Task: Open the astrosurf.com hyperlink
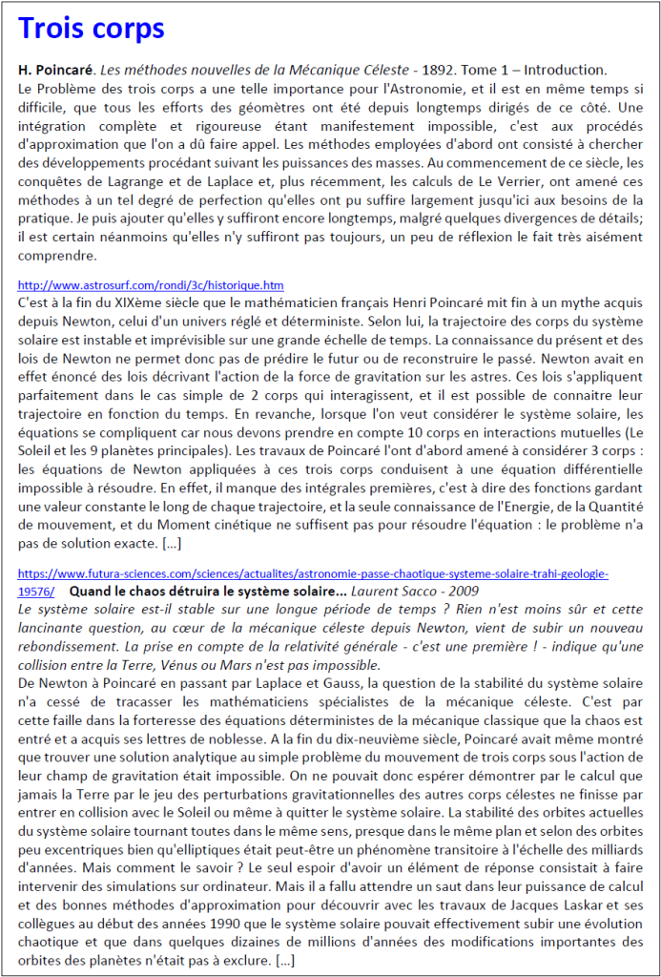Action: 151,285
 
